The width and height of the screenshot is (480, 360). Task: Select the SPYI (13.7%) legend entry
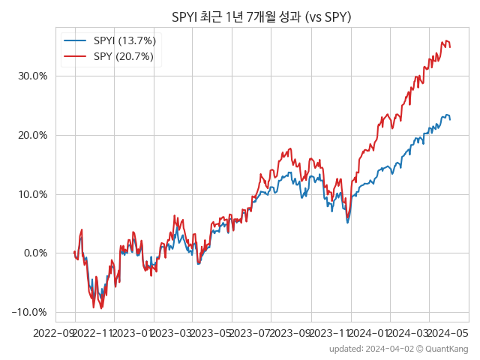point(123,40)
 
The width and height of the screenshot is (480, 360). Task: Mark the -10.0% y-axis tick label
point(31,312)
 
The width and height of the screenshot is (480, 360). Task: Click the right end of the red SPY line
point(450,46)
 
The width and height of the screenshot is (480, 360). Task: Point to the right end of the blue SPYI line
point(450,119)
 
